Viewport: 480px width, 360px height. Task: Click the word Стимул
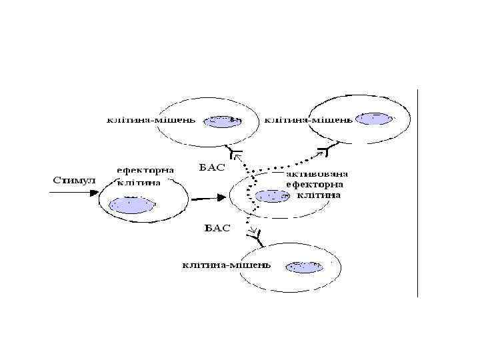coord(74,181)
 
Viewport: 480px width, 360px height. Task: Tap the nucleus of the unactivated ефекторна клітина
coord(131,204)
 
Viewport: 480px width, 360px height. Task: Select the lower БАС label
coord(217,228)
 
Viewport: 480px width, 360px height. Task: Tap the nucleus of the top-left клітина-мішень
coord(221,121)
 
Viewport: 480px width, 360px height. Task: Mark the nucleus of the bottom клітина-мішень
coord(303,267)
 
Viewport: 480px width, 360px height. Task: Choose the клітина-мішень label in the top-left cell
coord(151,121)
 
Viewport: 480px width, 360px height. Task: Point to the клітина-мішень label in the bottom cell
coord(227,265)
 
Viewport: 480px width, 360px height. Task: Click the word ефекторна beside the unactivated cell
coord(145,171)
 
